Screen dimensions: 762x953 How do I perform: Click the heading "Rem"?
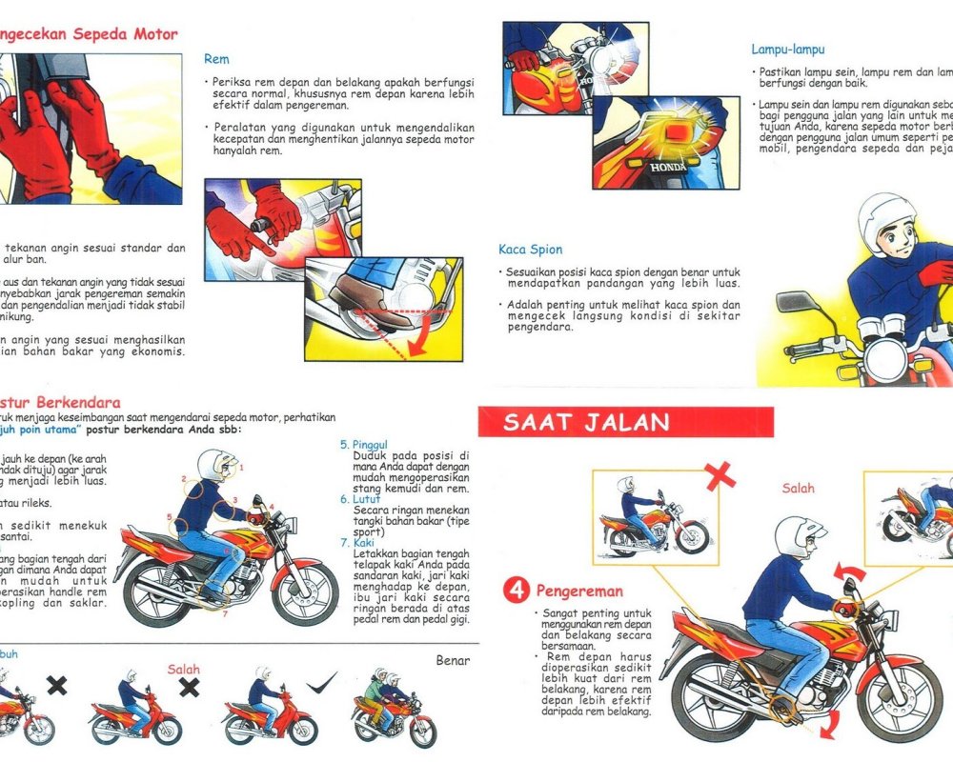(x=216, y=59)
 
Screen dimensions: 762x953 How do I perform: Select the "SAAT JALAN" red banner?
(x=587, y=422)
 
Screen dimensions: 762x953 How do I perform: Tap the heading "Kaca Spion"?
(x=531, y=250)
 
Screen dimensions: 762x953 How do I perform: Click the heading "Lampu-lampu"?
(x=787, y=49)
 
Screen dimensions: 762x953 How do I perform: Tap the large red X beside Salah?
(x=720, y=476)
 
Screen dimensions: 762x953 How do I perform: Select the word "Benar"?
(x=454, y=660)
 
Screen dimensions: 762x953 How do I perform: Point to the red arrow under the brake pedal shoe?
(x=415, y=338)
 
